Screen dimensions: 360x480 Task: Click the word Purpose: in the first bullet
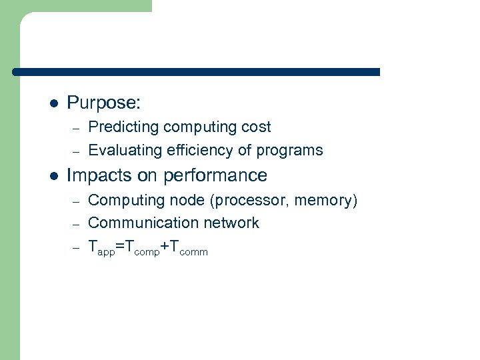(104, 103)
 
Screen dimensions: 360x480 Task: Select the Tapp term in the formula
(101, 247)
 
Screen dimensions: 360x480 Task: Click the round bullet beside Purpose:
(54, 104)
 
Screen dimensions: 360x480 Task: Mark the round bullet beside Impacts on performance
(54, 176)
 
